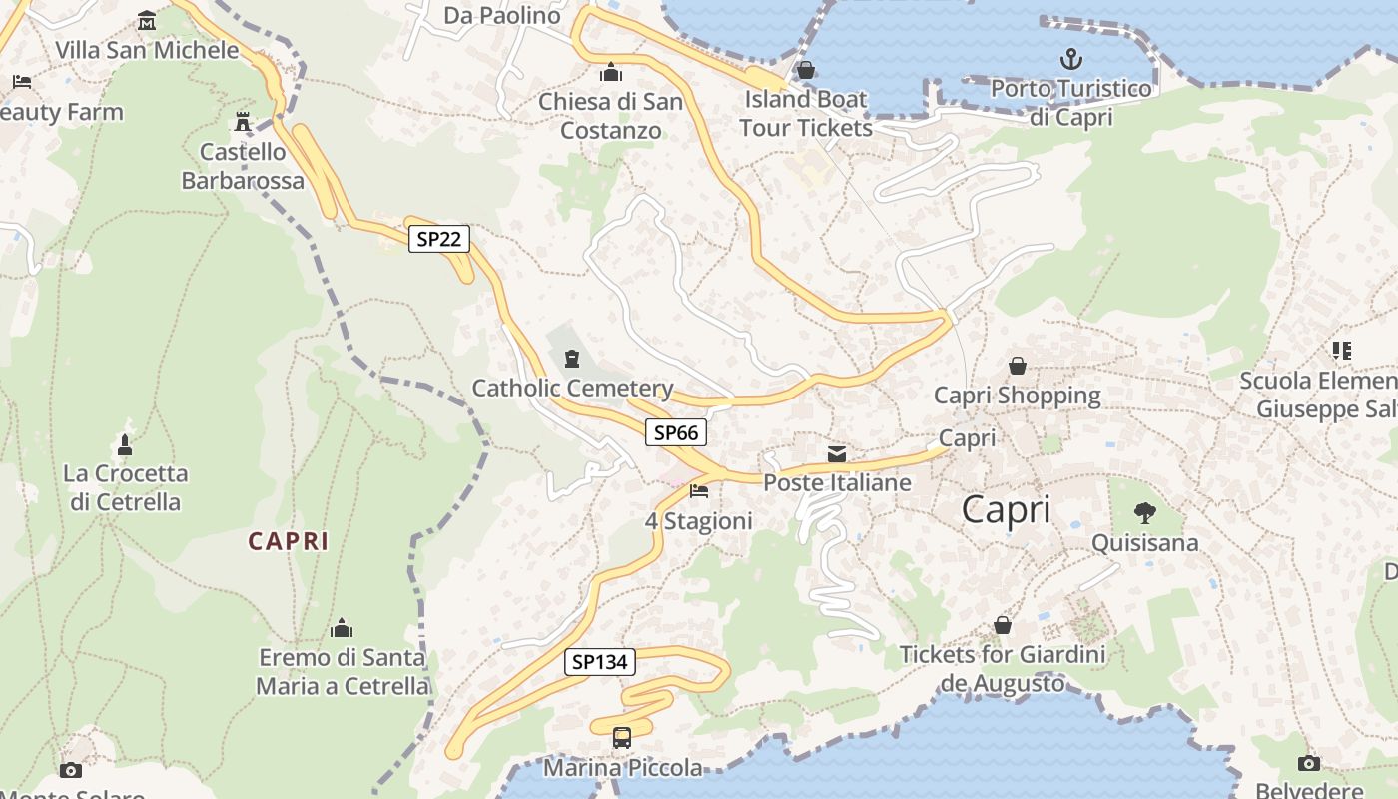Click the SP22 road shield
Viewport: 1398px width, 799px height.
[x=438, y=239]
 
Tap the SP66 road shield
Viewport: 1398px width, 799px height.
[x=676, y=432]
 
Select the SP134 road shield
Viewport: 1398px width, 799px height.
[x=600, y=662]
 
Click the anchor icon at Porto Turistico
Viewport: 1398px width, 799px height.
[x=1070, y=59]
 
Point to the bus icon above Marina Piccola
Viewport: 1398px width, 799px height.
[x=622, y=738]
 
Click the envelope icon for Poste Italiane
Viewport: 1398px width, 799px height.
[x=837, y=455]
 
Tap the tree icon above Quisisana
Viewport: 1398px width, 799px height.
[x=1145, y=514]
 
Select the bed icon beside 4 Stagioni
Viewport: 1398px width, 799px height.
[x=699, y=491]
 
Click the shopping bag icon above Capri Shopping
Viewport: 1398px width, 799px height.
[x=1018, y=366]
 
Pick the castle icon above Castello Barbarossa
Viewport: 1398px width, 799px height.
[x=242, y=122]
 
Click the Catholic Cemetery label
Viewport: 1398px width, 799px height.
[x=572, y=389]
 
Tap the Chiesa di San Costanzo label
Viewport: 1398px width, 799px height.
[x=611, y=116]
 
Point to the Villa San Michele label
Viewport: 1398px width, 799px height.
[x=147, y=50]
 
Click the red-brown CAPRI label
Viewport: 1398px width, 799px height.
[x=288, y=541]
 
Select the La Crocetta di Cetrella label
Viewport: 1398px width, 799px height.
[x=126, y=487]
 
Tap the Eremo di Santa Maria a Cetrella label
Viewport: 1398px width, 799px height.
[x=343, y=672]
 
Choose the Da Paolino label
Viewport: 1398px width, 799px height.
[x=502, y=15]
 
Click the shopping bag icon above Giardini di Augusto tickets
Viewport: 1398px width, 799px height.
[x=1003, y=626]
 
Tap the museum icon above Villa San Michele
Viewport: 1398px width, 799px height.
[x=147, y=21]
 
